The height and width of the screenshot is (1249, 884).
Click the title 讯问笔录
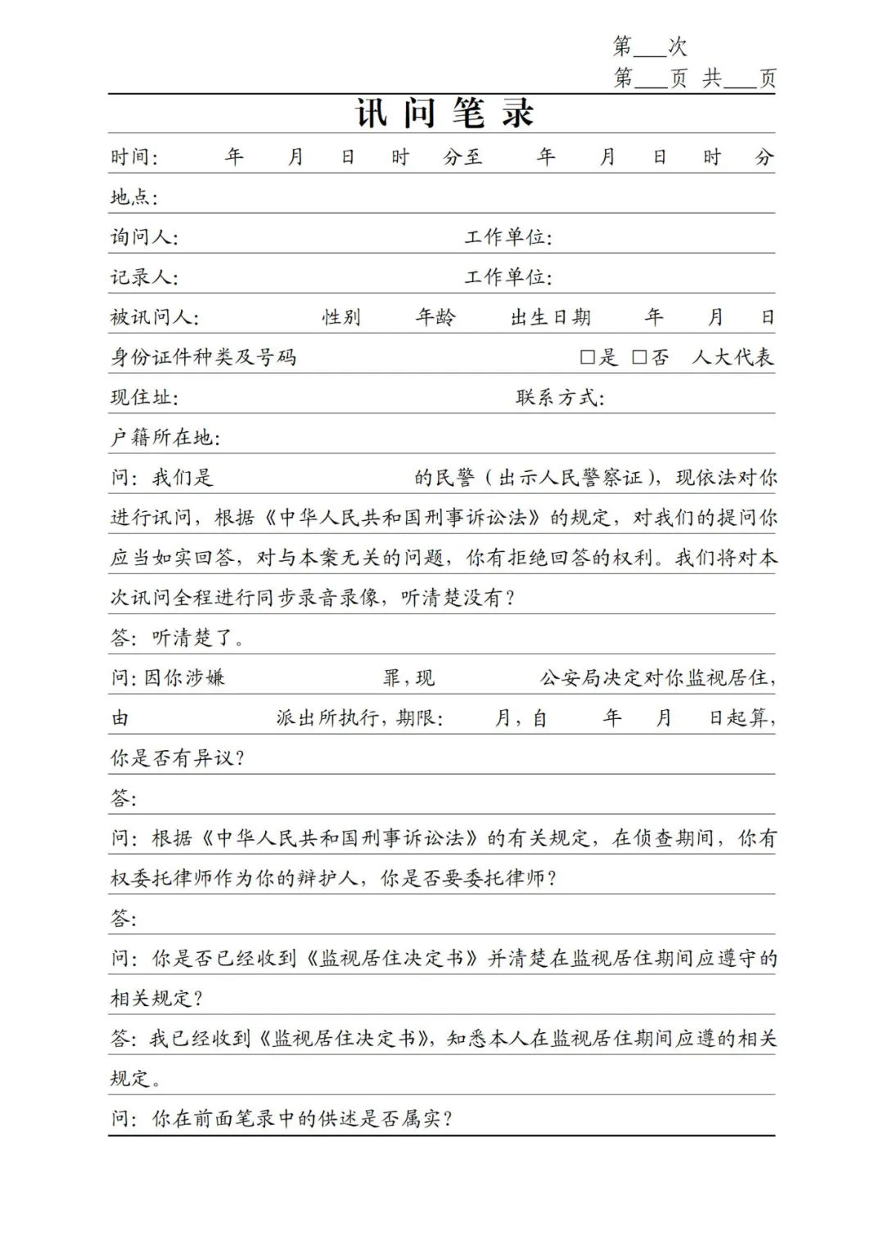point(444,113)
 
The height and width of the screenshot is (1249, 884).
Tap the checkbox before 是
point(587,357)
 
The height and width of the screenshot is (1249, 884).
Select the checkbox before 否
point(639,357)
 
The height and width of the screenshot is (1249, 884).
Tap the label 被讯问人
point(154,317)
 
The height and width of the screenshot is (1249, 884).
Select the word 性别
point(341,317)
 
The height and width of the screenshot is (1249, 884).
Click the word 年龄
point(435,317)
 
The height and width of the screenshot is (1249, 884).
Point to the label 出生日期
point(550,317)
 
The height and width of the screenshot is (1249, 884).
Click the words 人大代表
point(733,357)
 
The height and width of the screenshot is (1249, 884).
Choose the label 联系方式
point(559,398)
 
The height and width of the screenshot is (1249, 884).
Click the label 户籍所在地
point(165,438)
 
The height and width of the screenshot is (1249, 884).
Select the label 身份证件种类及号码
point(204,357)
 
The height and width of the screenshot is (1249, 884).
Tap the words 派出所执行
point(327,718)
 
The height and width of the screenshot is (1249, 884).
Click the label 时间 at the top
point(133,157)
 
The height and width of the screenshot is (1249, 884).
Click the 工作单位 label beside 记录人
point(507,277)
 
